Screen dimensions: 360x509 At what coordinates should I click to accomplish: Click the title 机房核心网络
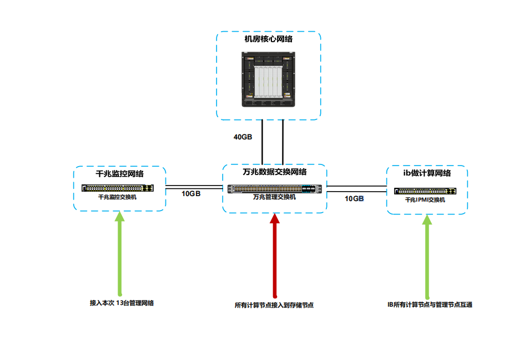point(269,39)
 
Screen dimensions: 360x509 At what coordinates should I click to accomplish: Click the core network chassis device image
point(269,79)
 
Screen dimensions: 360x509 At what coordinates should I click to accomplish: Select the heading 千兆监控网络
point(120,174)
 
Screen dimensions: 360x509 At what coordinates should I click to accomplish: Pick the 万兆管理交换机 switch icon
point(275,189)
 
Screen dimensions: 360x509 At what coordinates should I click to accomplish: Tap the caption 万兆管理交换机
point(275,197)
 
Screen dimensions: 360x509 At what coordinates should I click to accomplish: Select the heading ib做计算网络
point(427,173)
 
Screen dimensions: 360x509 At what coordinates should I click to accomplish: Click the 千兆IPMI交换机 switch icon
point(426,191)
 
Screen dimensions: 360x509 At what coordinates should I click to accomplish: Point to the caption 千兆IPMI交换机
point(425,199)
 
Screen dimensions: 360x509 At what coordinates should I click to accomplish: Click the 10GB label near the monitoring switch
point(191,194)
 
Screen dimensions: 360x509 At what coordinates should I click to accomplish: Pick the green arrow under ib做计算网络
point(427,256)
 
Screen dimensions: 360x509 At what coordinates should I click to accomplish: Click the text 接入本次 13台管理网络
point(122,303)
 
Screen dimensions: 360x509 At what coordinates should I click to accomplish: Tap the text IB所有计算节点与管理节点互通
point(430,305)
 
